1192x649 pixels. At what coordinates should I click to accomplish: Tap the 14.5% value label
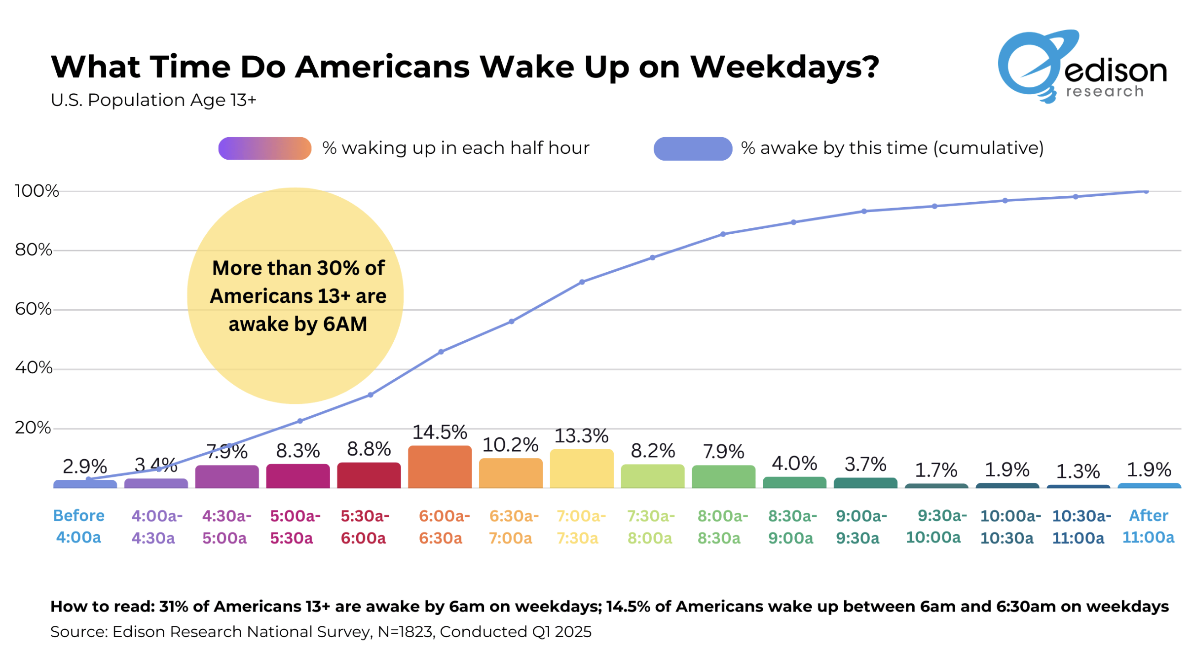pyautogui.click(x=440, y=432)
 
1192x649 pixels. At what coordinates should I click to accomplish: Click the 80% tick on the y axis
pyautogui.click(x=33, y=250)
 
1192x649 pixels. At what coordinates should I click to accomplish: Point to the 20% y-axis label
pyautogui.click(x=33, y=427)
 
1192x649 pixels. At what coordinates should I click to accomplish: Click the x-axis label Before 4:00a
pyautogui.click(x=78, y=526)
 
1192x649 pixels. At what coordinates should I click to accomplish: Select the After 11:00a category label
pyautogui.click(x=1148, y=526)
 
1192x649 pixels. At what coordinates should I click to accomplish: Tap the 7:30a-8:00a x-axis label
pyautogui.click(x=650, y=527)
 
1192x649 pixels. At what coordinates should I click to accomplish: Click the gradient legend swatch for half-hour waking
pyautogui.click(x=265, y=148)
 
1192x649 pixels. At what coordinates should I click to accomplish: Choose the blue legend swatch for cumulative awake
pyautogui.click(x=692, y=148)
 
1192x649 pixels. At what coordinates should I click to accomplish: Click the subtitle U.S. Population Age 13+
pyautogui.click(x=153, y=100)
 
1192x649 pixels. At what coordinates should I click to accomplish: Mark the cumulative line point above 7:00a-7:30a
pyautogui.click(x=582, y=282)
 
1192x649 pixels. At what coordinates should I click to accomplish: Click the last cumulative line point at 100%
pyautogui.click(x=1146, y=191)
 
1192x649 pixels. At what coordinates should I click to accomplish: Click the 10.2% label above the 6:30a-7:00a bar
pyautogui.click(x=510, y=445)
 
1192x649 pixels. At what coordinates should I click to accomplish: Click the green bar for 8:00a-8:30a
pyautogui.click(x=723, y=476)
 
